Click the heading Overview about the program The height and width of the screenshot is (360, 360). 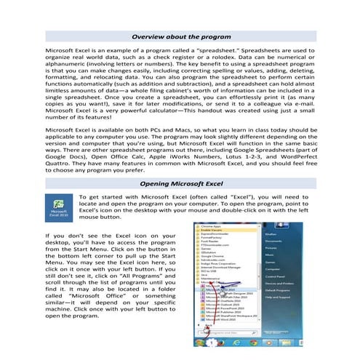(180, 36)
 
